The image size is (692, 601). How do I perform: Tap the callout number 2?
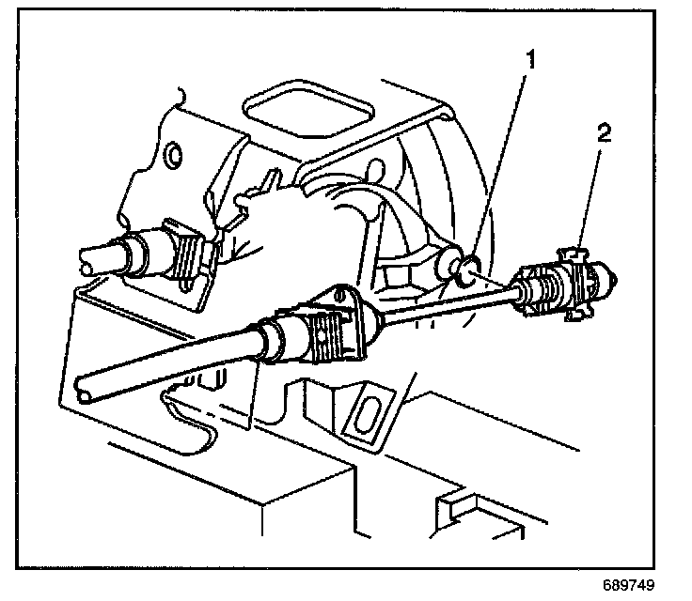(604, 132)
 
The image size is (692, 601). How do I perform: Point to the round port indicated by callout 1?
(464, 271)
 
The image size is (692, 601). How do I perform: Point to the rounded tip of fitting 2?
(612, 278)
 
